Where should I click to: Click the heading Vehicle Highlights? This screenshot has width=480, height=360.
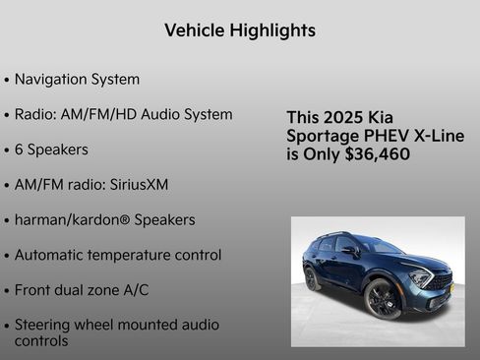click(240, 30)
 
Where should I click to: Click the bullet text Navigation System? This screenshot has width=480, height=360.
click(77, 79)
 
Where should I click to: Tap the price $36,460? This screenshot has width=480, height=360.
click(378, 154)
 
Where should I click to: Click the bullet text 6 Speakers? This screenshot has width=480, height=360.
click(51, 150)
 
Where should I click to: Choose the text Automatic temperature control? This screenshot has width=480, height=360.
click(118, 255)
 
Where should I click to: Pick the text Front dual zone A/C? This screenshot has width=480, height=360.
click(84, 290)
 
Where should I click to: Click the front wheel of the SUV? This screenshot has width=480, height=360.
click(383, 299)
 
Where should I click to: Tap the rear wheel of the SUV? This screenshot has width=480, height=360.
click(312, 277)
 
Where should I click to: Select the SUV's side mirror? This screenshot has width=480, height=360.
click(349, 251)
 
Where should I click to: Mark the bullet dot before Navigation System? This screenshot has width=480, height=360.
click(7, 80)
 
